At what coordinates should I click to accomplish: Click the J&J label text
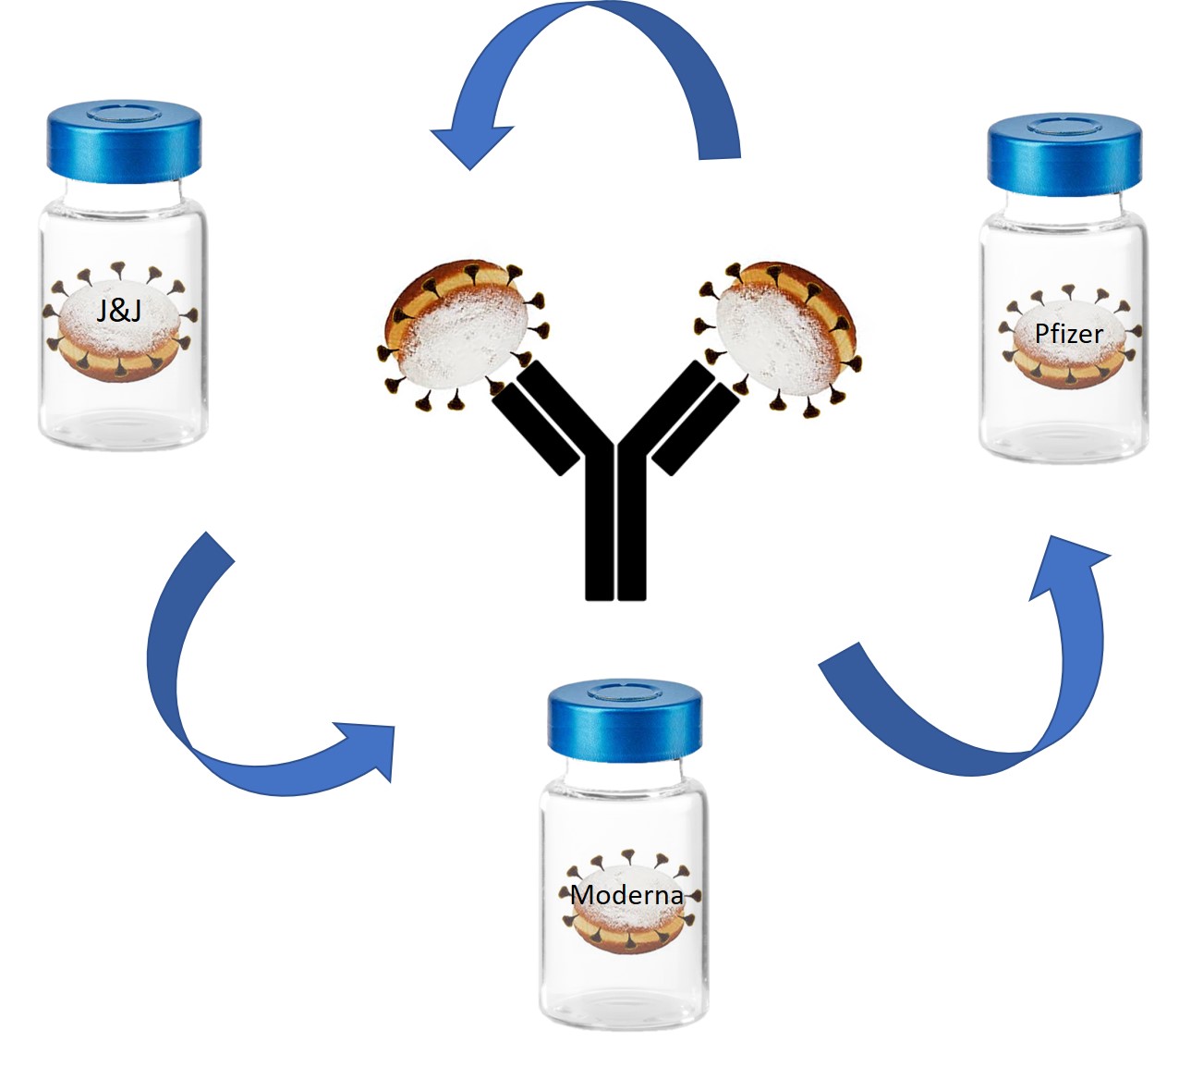(x=119, y=310)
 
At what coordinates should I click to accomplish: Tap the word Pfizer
(x=1068, y=333)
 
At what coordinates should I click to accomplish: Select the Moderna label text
(x=626, y=895)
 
